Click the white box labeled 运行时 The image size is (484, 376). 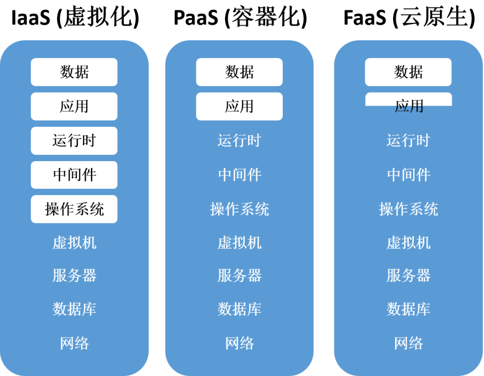tap(74, 141)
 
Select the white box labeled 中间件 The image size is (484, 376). tap(74, 175)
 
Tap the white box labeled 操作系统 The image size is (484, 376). tap(74, 209)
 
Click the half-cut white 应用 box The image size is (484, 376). tap(408, 99)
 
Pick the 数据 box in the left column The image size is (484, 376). tap(74, 72)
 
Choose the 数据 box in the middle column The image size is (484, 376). tap(239, 72)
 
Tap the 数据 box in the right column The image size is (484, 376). tap(408, 72)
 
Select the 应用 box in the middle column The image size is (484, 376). tap(239, 107)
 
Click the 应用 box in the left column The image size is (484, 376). tap(74, 107)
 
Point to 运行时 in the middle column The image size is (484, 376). tap(239, 141)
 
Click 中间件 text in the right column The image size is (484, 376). tap(408, 175)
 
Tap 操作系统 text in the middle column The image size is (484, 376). tap(239, 209)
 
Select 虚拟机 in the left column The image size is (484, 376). tap(74, 243)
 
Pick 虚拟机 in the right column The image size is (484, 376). tap(408, 243)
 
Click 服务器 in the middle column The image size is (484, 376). tap(239, 275)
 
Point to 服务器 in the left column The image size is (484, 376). tap(74, 275)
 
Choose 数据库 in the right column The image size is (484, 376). tap(408, 309)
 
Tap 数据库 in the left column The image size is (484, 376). tap(74, 309)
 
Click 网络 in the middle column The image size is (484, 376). tap(239, 343)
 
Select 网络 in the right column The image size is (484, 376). tap(408, 343)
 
